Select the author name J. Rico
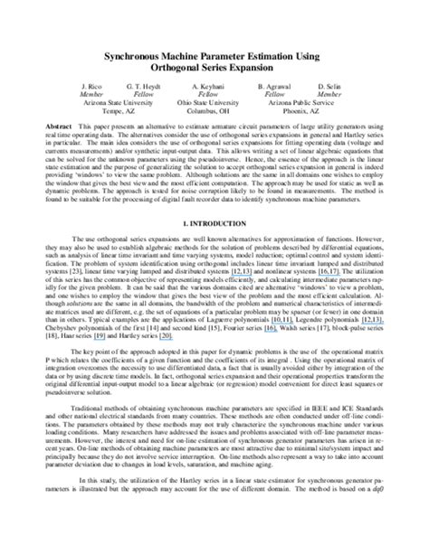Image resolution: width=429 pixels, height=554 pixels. (91, 86)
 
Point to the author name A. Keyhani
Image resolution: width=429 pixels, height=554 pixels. (207, 86)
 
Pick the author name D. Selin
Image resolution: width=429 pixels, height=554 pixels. (329, 86)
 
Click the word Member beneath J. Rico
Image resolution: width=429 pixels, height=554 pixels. (91, 94)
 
